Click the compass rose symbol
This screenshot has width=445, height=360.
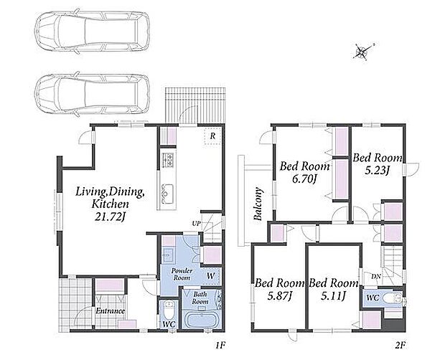click(x=362, y=52)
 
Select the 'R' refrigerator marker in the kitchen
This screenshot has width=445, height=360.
click(x=212, y=136)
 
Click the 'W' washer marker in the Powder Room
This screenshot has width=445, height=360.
click(x=210, y=275)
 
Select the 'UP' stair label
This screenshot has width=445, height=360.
click(x=196, y=224)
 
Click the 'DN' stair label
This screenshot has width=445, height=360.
click(x=376, y=277)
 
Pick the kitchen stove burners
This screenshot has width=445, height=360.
click(x=167, y=160)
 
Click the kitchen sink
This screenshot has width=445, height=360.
click(x=167, y=192)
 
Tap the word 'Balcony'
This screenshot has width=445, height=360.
click(x=258, y=204)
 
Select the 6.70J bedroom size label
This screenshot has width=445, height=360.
click(x=304, y=179)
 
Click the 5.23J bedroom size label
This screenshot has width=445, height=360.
click(x=377, y=171)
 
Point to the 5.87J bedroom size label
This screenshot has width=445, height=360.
click(x=279, y=296)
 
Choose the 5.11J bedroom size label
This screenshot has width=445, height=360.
click(x=333, y=296)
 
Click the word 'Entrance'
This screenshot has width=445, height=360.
click(x=110, y=311)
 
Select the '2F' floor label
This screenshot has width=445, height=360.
click(x=400, y=345)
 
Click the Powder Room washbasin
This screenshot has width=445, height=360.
click(x=167, y=254)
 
